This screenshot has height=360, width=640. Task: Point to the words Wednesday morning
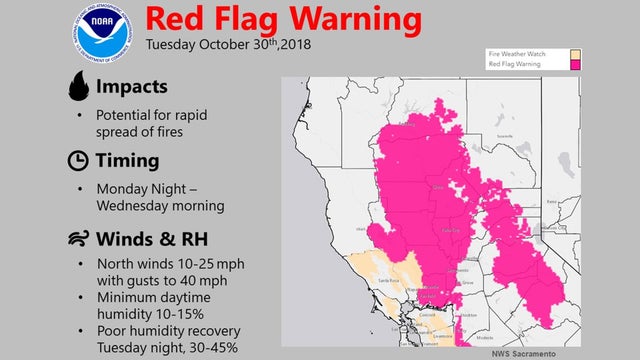(x=159, y=206)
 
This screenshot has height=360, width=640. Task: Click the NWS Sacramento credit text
(x=523, y=353)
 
